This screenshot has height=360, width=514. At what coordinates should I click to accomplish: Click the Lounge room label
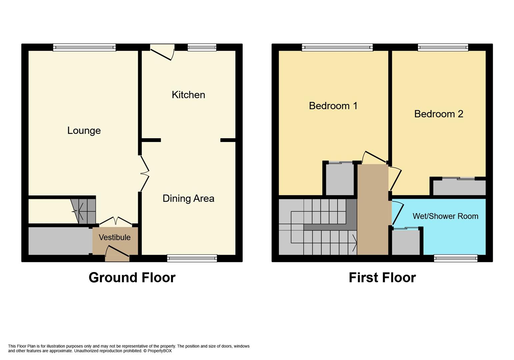coord(84,130)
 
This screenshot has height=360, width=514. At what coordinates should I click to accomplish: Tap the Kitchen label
coord(188,95)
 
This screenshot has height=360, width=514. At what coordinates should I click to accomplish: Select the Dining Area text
coord(188,198)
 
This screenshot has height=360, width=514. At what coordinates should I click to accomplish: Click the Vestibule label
coord(115,237)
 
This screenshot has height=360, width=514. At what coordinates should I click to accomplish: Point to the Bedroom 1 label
coord(333,106)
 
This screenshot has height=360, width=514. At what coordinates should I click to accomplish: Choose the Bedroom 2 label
coord(439,114)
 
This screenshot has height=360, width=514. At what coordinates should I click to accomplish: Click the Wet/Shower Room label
coord(445,216)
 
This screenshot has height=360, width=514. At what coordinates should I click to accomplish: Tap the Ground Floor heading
coord(132,277)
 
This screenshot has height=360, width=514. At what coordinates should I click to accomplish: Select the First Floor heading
coord(382,277)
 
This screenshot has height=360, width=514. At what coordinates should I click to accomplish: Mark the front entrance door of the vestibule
coord(117,252)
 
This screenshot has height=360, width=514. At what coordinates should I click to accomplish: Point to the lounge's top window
coord(84,47)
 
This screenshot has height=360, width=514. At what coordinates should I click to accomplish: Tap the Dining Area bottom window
coord(192,258)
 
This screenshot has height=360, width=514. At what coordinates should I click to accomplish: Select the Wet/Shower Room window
coord(455,258)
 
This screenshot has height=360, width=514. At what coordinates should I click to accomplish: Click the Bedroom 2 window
coord(443,47)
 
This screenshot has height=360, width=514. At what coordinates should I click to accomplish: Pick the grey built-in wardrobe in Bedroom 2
coord(459,188)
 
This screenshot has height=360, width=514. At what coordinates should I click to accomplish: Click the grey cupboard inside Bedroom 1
coord(339,179)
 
